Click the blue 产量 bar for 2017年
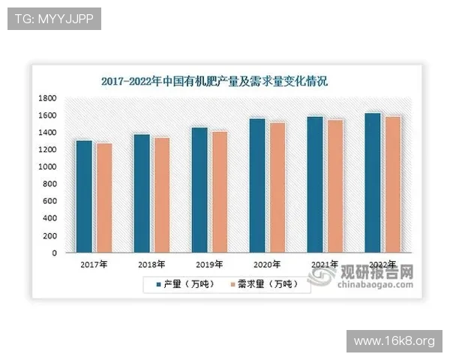84,196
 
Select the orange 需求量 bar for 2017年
103,198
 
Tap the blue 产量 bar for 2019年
199,190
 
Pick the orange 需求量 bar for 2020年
277,187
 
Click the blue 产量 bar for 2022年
373,183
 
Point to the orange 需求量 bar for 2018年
161,195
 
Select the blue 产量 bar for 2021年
315,184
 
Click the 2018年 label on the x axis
151,265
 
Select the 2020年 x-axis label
267,265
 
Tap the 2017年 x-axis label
94,265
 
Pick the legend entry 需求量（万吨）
263,284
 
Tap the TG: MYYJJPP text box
53,19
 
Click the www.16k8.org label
394,341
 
